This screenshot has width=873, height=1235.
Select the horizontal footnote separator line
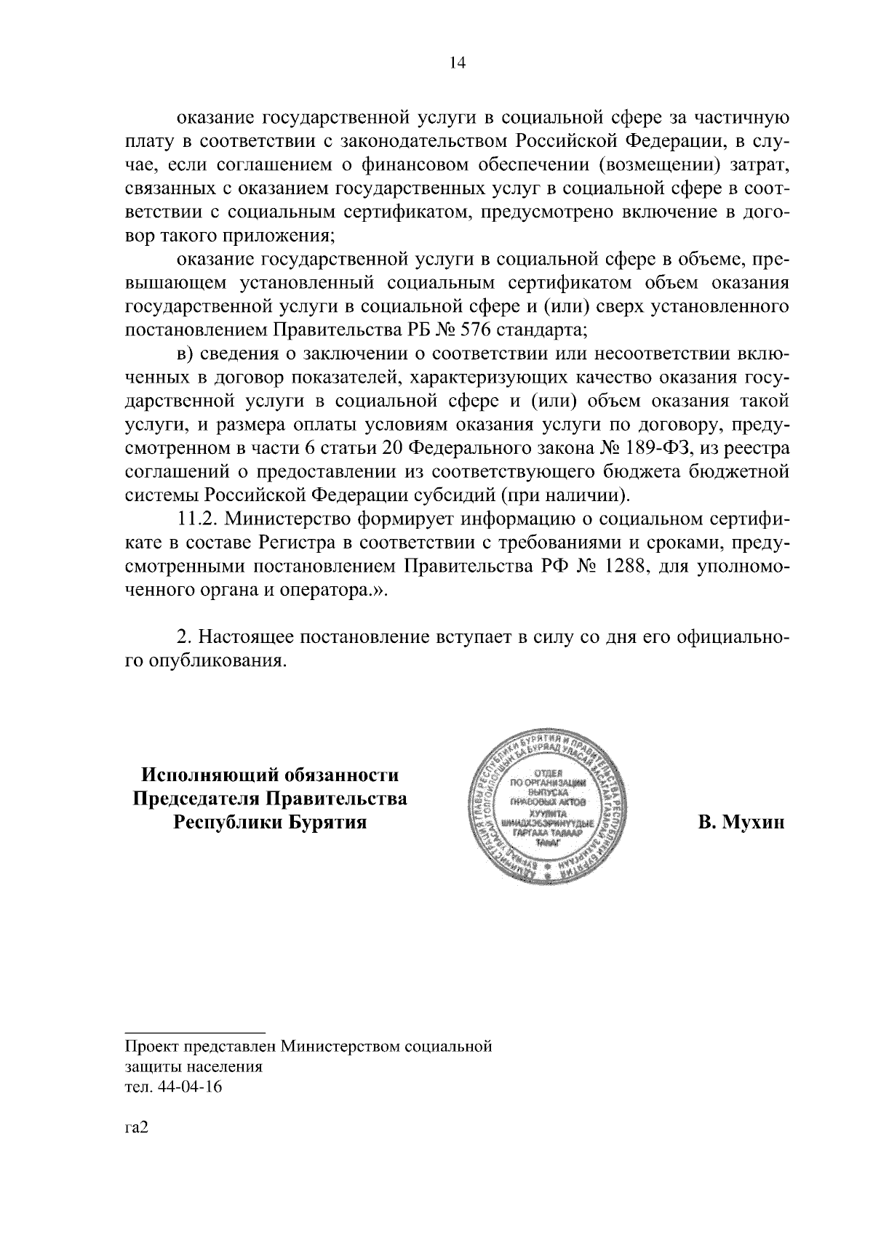194,1031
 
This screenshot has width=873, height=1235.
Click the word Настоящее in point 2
245,637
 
